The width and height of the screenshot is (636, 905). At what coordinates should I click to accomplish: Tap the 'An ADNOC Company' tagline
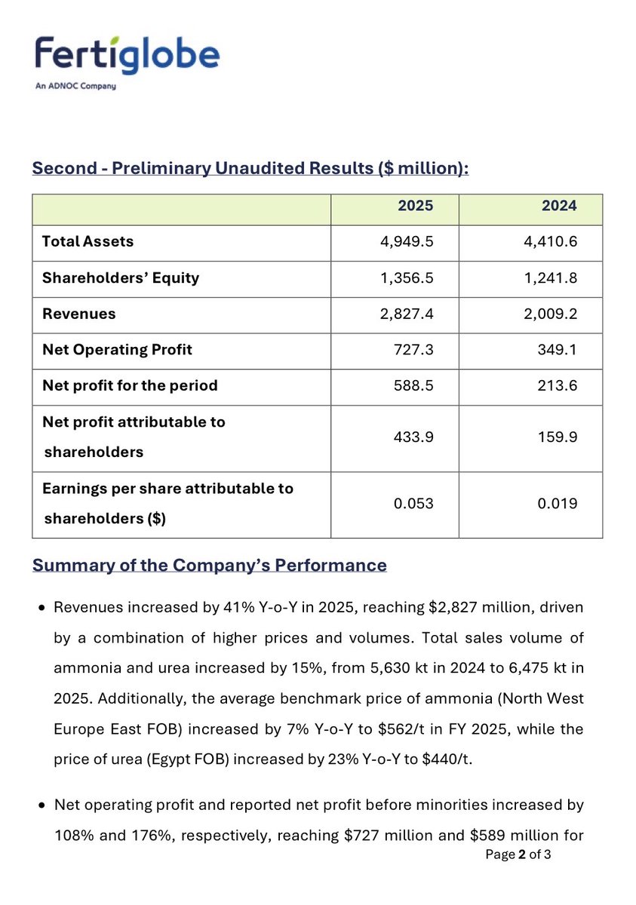tap(75, 87)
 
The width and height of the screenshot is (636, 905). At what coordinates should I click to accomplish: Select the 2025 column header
tap(416, 206)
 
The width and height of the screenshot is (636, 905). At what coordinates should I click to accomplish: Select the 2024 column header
tap(559, 206)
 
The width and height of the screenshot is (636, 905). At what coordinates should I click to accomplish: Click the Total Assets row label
tap(88, 241)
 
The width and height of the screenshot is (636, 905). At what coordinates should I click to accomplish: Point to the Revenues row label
tap(79, 314)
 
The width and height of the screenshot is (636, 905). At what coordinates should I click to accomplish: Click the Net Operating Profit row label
tap(117, 349)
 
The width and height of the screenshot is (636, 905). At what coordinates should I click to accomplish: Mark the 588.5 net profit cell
tap(414, 385)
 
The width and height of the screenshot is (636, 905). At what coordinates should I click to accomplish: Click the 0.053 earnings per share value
tap(414, 503)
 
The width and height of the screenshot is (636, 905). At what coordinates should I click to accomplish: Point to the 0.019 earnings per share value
tap(558, 503)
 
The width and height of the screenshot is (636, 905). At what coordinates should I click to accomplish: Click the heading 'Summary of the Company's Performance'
tap(209, 565)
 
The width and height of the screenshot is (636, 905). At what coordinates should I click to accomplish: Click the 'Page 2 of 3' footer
tap(518, 854)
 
